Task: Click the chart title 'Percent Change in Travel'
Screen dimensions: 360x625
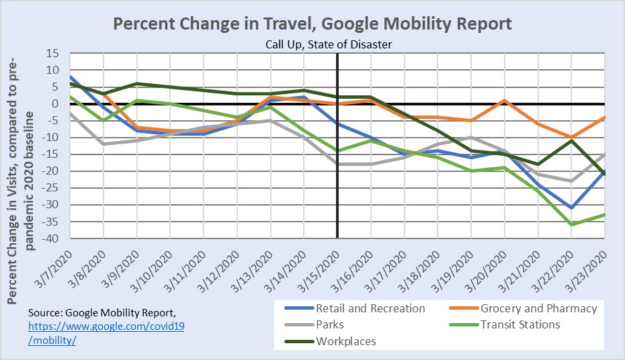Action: tap(312, 24)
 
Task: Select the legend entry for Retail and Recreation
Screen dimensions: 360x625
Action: tap(370, 308)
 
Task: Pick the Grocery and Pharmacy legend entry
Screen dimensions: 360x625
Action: tap(538, 308)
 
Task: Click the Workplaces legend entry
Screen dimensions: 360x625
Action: tap(345, 341)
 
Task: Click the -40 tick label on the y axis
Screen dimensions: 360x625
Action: tap(51, 238)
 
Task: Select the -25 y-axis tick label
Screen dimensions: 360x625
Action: tap(51, 188)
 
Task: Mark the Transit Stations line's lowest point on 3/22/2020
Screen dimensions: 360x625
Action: tap(571, 224)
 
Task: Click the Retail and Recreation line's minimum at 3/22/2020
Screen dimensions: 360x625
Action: tap(571, 208)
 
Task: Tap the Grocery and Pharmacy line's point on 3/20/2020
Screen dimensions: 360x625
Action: tap(504, 101)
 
